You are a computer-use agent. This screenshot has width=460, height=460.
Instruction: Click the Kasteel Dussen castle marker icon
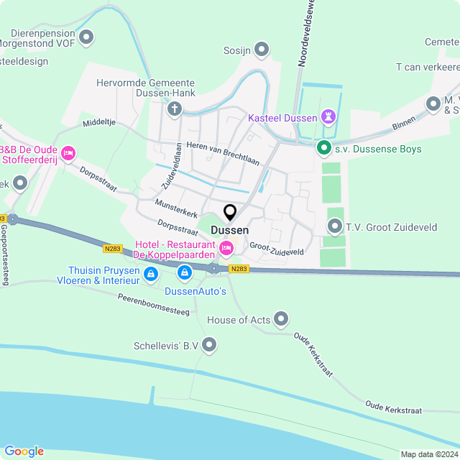[330, 116]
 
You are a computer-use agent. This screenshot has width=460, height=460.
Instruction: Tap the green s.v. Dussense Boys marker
[323, 149]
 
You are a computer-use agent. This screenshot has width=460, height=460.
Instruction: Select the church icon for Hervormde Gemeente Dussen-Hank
[174, 109]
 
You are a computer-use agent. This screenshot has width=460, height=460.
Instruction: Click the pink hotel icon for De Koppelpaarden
[226, 248]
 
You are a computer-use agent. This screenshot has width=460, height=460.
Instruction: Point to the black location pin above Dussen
[230, 213]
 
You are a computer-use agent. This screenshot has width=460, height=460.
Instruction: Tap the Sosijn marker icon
[262, 50]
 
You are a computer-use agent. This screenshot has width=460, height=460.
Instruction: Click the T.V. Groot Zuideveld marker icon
[334, 227]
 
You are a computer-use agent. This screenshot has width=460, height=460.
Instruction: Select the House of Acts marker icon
[281, 318]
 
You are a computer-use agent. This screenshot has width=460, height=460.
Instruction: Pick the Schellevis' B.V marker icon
[209, 346]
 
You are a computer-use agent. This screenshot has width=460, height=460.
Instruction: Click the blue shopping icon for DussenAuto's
[185, 273]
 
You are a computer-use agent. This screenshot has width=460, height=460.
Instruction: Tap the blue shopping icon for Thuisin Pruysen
[151, 274]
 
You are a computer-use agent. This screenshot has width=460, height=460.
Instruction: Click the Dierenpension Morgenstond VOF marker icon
[87, 37]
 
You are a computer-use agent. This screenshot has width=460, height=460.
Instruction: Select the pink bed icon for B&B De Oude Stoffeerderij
[69, 152]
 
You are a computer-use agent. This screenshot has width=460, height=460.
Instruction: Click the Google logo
[24, 451]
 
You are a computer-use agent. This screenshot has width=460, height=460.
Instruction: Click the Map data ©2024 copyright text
[428, 454]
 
